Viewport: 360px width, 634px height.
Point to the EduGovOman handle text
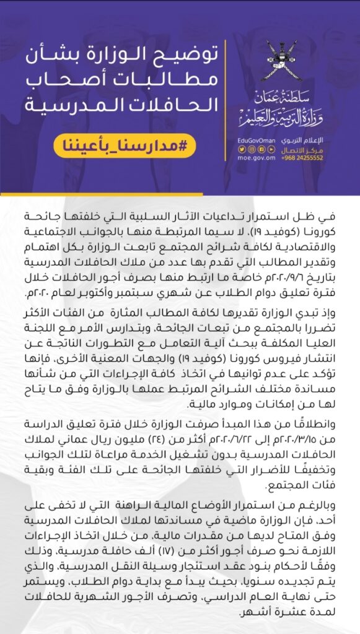(x=255, y=140)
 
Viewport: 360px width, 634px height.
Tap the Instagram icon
(x=252, y=149)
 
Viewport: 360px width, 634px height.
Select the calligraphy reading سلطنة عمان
(x=292, y=99)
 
